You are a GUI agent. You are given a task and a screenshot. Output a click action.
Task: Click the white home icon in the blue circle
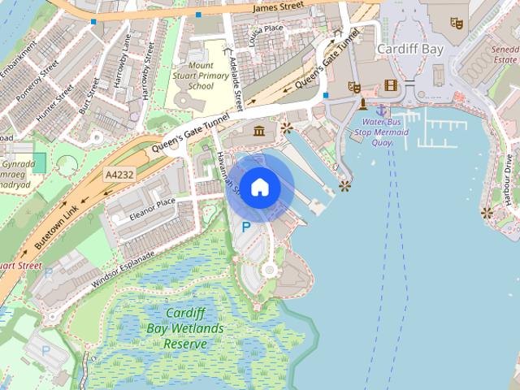(260, 187)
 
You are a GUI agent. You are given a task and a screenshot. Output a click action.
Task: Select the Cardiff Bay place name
(409, 49)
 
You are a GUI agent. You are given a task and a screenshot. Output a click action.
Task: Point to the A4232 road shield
(119, 175)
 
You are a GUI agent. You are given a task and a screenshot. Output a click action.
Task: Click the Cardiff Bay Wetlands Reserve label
(186, 328)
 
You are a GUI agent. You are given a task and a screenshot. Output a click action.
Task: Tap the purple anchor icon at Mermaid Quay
(381, 110)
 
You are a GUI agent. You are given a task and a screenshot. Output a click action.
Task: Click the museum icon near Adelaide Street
(259, 132)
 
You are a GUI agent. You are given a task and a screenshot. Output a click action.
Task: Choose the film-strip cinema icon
(392, 85)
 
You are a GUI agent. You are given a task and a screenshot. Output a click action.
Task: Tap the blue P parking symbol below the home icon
(245, 227)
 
